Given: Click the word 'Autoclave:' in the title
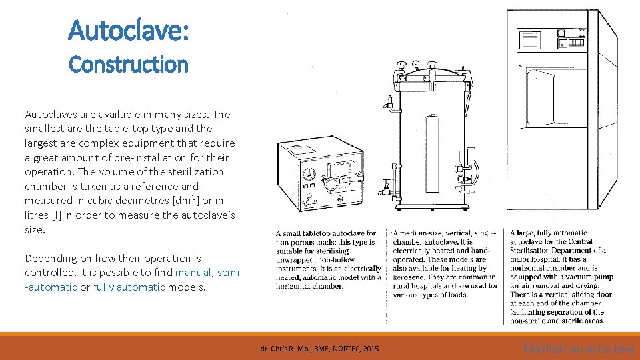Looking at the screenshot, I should pos(129,30).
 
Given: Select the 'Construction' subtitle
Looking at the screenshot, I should pos(129,65).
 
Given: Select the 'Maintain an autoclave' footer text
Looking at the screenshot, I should pos(578,348).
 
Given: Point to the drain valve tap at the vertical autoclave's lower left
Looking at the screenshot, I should pos(385,189).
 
